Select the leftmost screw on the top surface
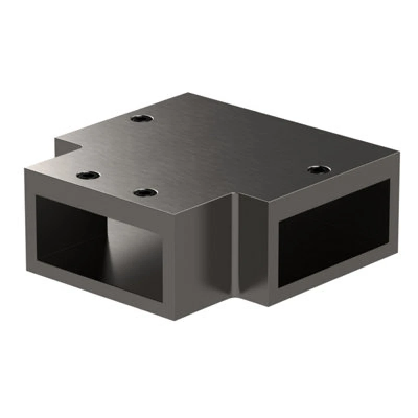(88, 175)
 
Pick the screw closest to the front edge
(145, 193)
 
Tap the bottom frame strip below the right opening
(334, 290)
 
